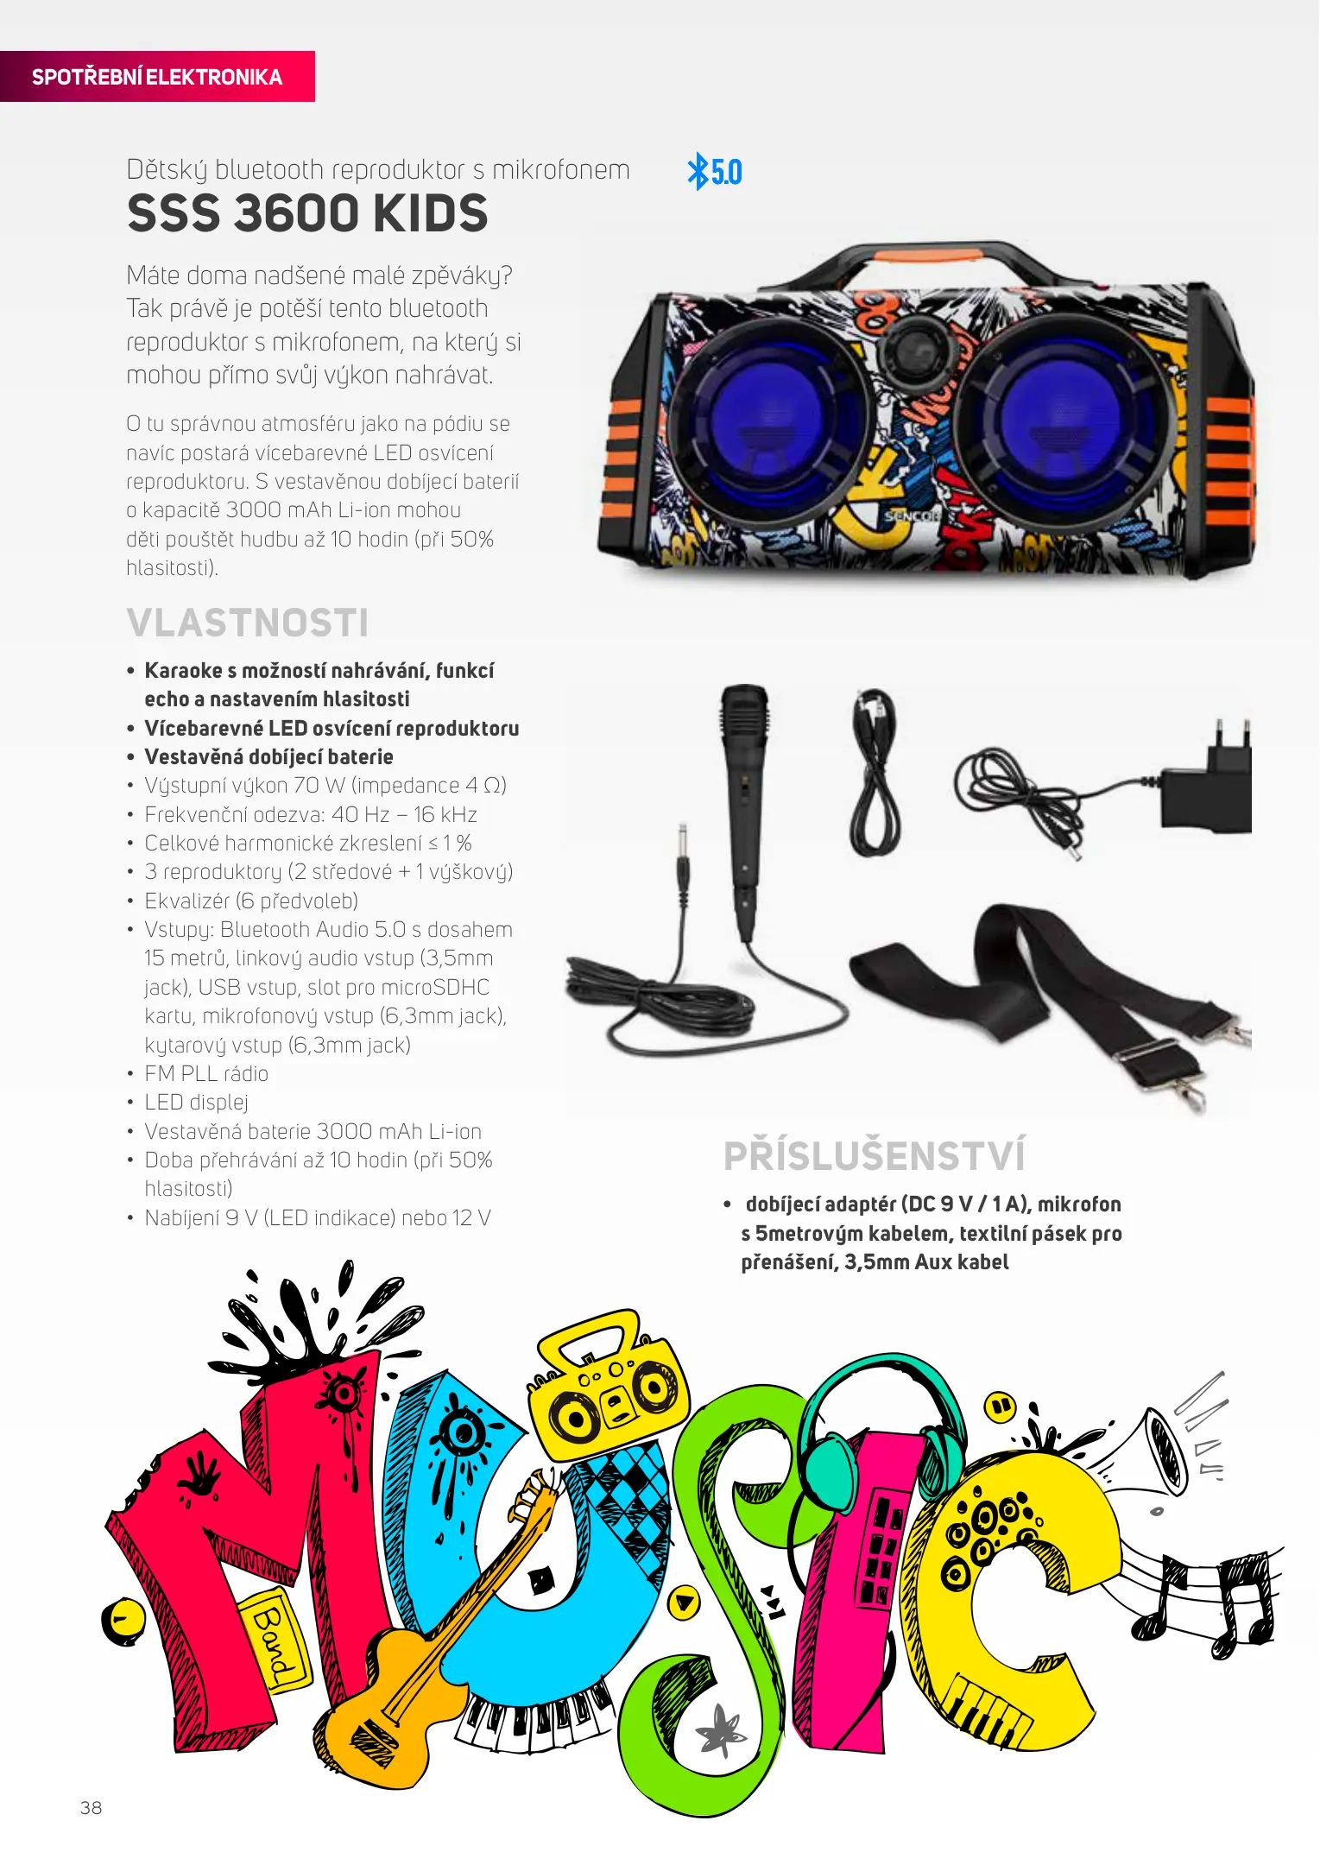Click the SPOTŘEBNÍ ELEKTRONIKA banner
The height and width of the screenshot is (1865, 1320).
pyautogui.click(x=157, y=77)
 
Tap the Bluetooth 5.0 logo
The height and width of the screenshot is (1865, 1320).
pyautogui.click(x=714, y=171)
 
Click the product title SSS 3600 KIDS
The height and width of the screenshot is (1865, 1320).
pyautogui.click(x=307, y=213)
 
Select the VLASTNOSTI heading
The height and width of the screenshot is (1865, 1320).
pyautogui.click(x=248, y=623)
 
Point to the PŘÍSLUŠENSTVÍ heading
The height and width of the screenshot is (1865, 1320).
pyautogui.click(x=875, y=1156)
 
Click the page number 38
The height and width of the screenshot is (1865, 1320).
pyautogui.click(x=91, y=1807)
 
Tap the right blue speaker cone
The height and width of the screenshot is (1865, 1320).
pyautogui.click(x=1047, y=414)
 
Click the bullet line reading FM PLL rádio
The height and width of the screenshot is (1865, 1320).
pyautogui.click(x=206, y=1073)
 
